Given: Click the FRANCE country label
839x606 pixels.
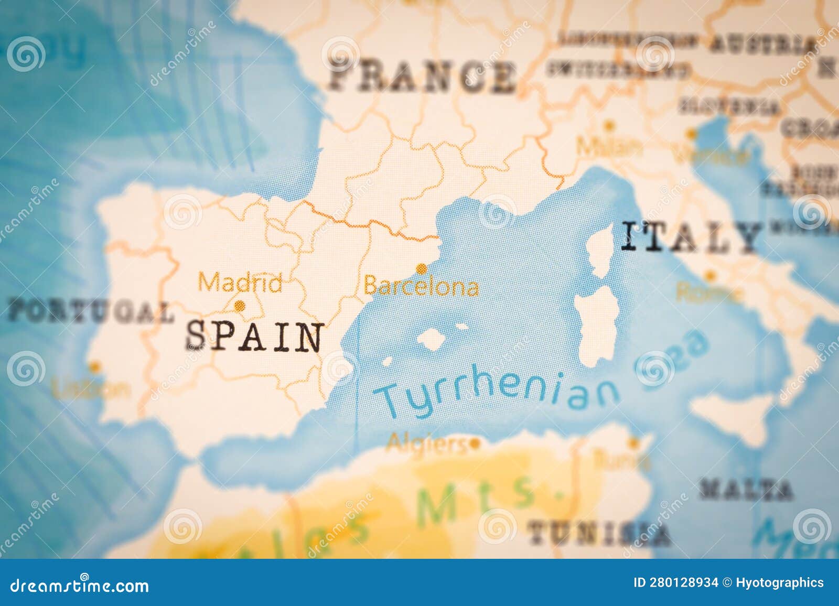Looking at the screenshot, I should (422, 77).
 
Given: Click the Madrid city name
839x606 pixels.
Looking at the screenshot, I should (240, 284).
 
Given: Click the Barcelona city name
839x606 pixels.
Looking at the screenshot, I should (421, 287).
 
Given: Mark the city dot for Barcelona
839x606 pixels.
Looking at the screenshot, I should (421, 269).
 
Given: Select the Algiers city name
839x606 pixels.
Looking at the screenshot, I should (426, 444).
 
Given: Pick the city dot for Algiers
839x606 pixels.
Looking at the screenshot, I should (475, 444).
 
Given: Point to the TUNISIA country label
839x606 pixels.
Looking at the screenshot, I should (598, 534).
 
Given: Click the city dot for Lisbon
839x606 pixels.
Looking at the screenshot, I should (94, 366).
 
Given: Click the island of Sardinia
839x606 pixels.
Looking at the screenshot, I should (598, 325).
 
